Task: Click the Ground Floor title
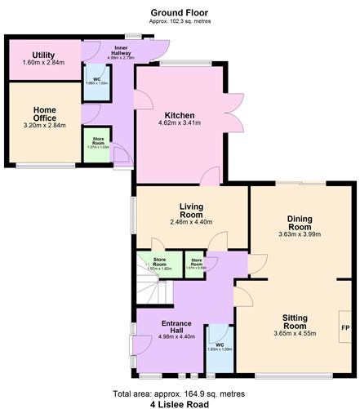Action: pyautogui.click(x=179, y=13)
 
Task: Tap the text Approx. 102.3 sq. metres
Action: pyautogui.click(x=179, y=23)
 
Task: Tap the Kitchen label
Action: pyautogui.click(x=179, y=115)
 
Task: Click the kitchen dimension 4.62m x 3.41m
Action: pyautogui.click(x=179, y=124)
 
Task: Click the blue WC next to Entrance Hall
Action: pyautogui.click(x=219, y=345)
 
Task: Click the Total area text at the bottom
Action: pyautogui.click(x=179, y=393)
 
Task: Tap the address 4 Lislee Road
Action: pyautogui.click(x=179, y=404)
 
